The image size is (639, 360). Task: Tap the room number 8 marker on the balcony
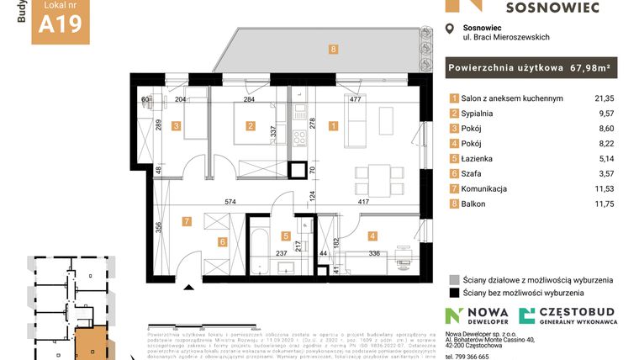tap(334, 50)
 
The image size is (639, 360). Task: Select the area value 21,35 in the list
tap(603, 98)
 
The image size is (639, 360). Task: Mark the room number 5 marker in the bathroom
tap(286, 236)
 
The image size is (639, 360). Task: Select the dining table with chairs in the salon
tap(372, 177)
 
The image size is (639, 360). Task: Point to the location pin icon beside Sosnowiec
tap(448, 30)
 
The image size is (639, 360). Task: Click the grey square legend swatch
tap(454, 279)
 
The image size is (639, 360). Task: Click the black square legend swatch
tap(454, 294)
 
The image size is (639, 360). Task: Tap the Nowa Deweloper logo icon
tap(455, 316)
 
